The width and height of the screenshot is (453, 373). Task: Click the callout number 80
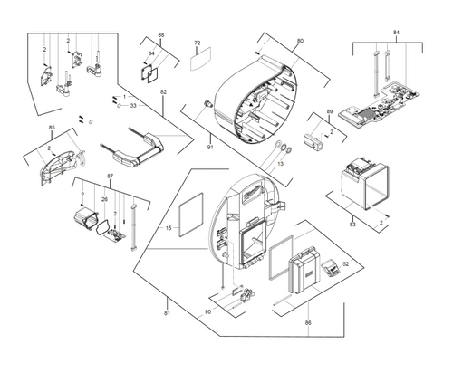coord(300,41)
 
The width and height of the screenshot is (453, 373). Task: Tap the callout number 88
coord(161,34)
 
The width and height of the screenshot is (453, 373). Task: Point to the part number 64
coord(151,54)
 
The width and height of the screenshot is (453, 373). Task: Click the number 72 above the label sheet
coord(197,43)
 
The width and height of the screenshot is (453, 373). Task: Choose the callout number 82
coord(163,92)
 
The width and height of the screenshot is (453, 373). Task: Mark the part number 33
coord(133,106)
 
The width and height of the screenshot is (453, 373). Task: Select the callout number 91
coord(209,146)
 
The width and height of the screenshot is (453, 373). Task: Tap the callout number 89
coord(329,110)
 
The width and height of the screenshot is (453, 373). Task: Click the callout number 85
coord(52,127)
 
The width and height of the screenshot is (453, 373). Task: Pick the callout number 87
coord(110,176)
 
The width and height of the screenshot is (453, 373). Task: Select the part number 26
coord(103,199)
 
